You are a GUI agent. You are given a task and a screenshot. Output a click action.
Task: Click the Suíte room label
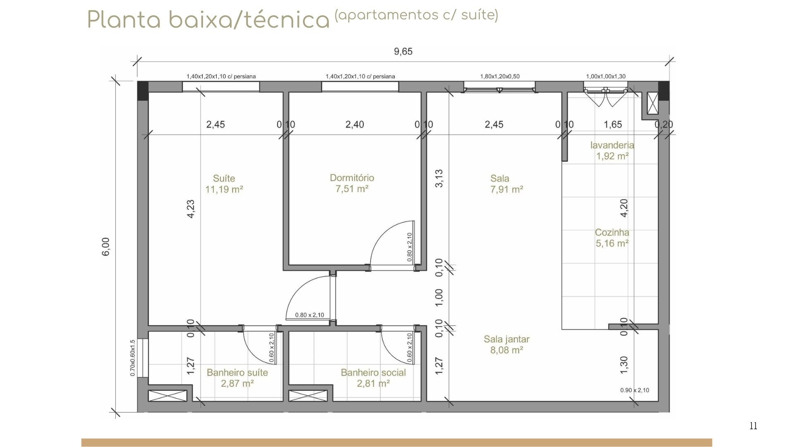click(x=224, y=178)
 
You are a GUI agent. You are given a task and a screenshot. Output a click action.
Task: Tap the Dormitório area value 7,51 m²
click(x=352, y=189)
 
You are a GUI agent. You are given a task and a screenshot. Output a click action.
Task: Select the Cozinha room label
click(x=612, y=233)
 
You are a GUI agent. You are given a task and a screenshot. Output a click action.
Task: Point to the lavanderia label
click(x=612, y=145)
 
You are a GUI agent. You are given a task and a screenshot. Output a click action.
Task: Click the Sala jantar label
click(x=507, y=339)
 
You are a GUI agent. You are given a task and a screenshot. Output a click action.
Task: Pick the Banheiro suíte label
click(x=237, y=372)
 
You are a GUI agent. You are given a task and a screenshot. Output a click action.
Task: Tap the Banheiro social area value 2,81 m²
click(x=373, y=384)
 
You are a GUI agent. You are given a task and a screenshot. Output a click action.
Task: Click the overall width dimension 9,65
click(x=403, y=51)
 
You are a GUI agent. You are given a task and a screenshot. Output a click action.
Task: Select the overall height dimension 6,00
click(x=106, y=247)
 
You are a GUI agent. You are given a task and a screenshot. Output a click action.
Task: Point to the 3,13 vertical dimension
click(x=439, y=178)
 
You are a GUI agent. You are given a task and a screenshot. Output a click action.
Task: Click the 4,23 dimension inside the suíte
click(x=191, y=209)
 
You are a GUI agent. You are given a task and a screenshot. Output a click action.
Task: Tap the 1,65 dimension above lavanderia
click(x=613, y=124)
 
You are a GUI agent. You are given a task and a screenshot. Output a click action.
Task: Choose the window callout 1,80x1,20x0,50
click(x=500, y=76)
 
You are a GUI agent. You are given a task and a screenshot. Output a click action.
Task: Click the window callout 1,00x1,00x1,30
click(x=606, y=76)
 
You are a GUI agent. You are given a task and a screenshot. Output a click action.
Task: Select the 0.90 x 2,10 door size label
click(x=635, y=390)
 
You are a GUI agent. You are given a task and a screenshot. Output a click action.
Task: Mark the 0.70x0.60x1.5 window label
click(x=133, y=358)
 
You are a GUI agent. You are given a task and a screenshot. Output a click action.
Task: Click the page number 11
click(x=753, y=426)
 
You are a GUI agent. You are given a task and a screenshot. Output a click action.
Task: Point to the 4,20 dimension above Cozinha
click(x=624, y=208)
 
